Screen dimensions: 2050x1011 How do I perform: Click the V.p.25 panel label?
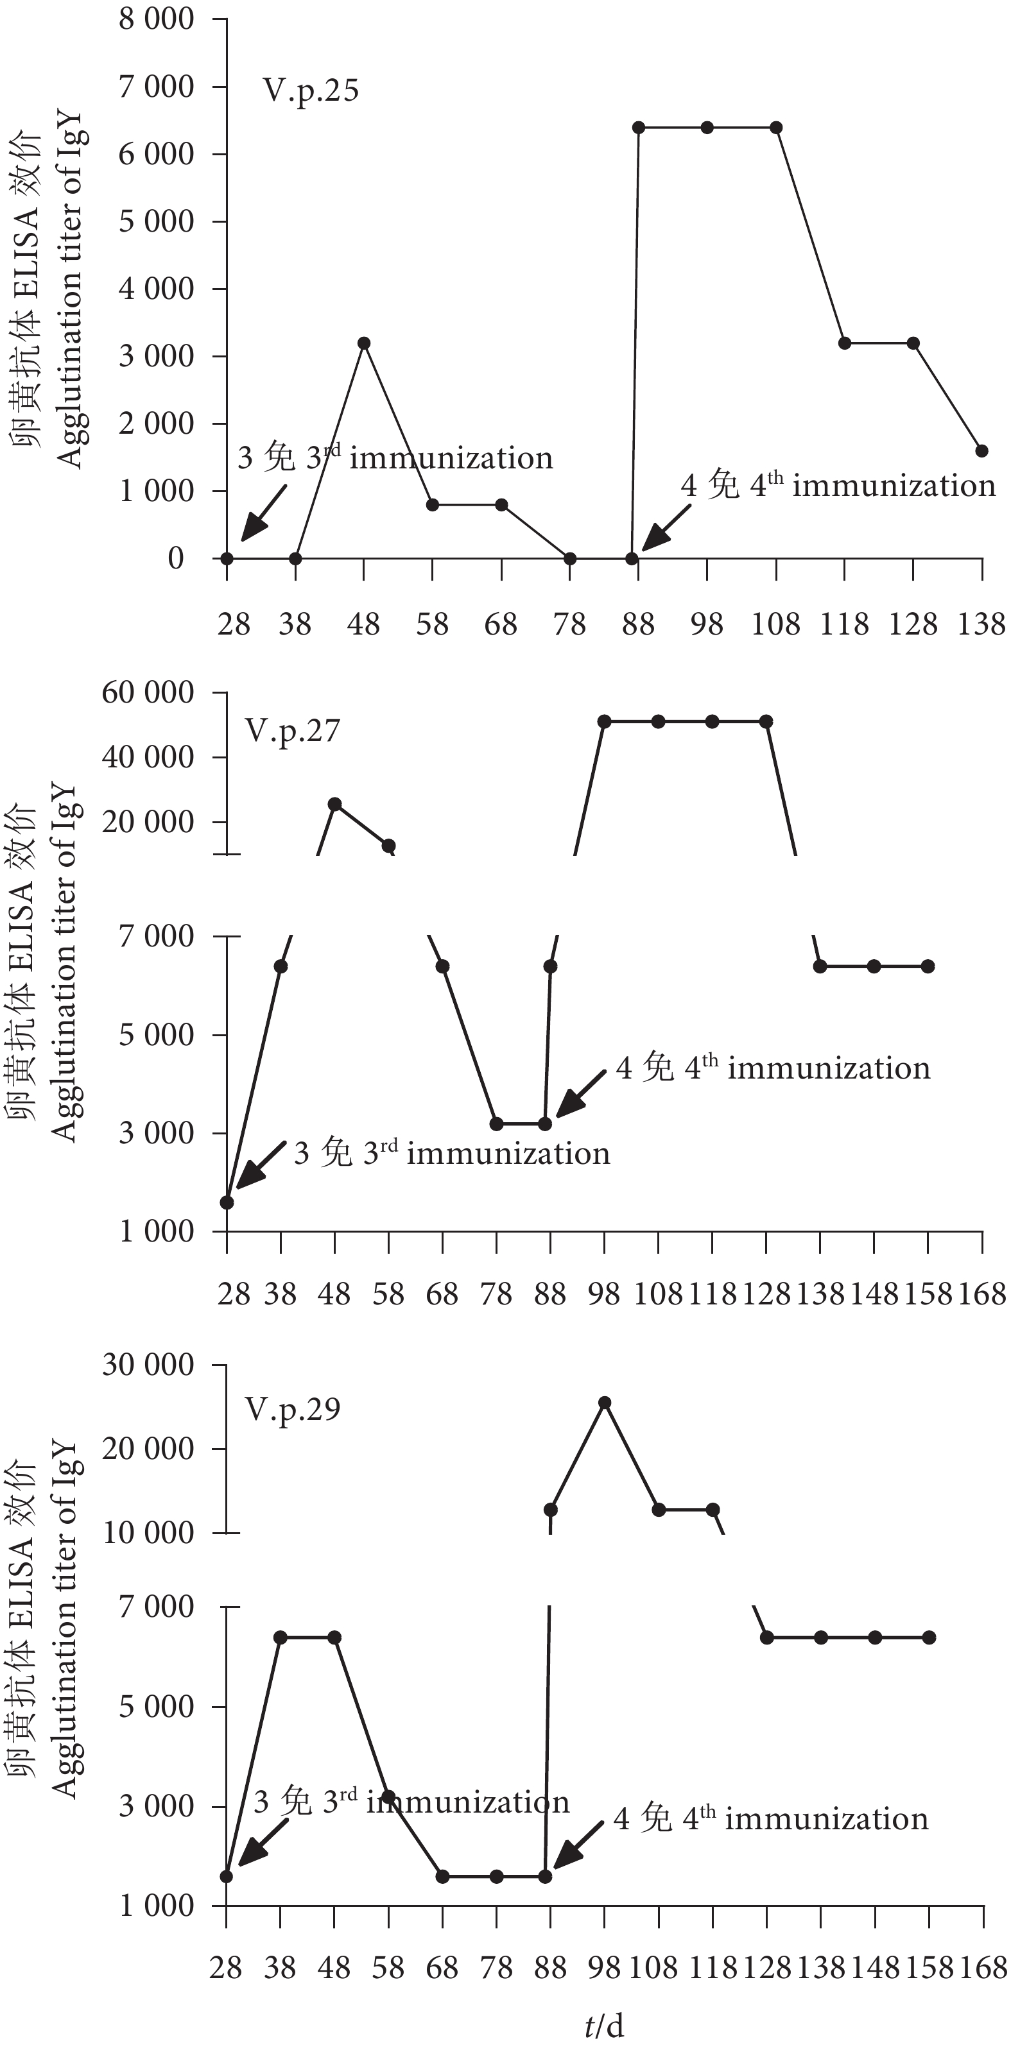point(311,90)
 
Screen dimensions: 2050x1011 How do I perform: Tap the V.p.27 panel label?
point(292,731)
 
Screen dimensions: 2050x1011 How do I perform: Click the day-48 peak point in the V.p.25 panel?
point(364,343)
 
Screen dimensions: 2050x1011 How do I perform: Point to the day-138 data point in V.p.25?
point(981,450)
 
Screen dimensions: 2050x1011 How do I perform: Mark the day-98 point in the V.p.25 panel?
point(707,127)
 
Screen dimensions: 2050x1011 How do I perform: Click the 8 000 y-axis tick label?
point(156,19)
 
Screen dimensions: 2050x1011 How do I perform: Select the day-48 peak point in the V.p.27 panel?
point(335,804)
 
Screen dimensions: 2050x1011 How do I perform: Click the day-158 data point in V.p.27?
point(928,966)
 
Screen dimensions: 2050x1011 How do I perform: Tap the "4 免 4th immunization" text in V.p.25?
point(838,486)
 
